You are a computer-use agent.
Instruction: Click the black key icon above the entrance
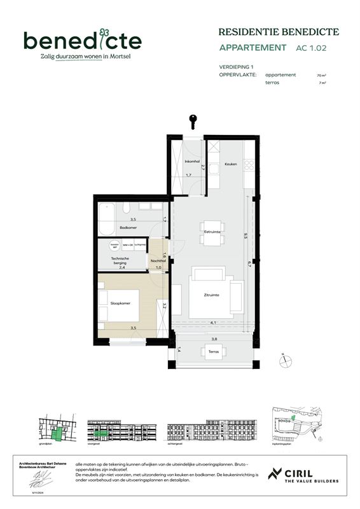click(x=191, y=120)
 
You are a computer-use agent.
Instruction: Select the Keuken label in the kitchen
click(x=230, y=164)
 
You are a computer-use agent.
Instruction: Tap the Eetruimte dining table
click(x=212, y=232)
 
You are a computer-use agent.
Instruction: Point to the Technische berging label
click(x=121, y=260)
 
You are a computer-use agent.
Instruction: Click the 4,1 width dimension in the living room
click(x=212, y=323)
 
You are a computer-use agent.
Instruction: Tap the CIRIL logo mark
click(x=275, y=474)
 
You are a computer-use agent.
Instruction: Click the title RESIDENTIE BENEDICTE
click(x=279, y=32)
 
